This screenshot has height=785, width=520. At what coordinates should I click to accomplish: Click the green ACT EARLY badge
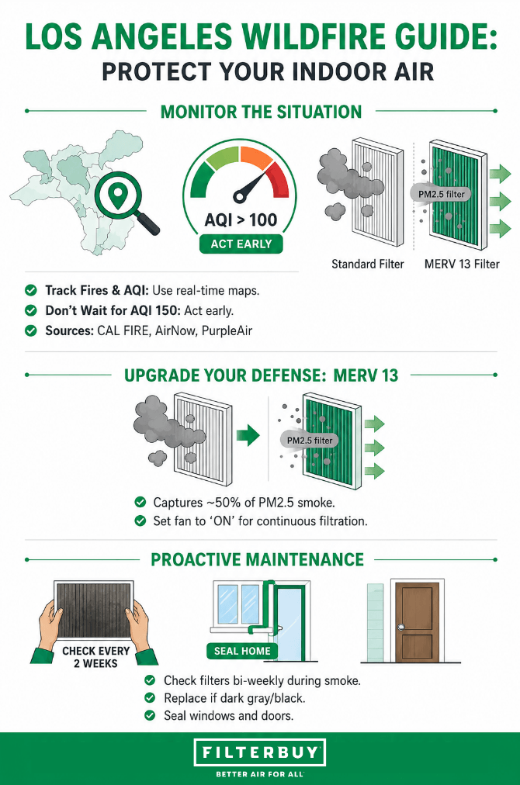coord(241,244)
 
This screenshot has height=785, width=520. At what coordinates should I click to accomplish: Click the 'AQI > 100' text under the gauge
coord(241,220)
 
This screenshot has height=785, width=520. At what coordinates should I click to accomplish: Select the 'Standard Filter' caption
coord(368,264)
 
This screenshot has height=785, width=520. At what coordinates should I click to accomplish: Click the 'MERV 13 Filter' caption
coord(462,264)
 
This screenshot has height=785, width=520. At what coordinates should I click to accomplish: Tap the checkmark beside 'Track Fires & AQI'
coord(31,290)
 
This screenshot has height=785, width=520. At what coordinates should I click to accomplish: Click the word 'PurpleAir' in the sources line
coord(227,331)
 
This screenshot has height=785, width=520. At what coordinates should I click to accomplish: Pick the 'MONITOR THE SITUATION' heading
coord(261,112)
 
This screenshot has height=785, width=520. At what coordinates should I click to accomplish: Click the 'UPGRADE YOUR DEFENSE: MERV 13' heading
coord(261,375)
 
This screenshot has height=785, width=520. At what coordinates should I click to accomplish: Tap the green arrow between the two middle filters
coord(248,435)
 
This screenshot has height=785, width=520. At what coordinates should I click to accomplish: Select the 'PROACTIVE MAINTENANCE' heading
coord(258,560)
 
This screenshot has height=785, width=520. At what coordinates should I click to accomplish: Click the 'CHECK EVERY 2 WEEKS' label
coord(95,657)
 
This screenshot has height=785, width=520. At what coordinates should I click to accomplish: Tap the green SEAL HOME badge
coord(242,651)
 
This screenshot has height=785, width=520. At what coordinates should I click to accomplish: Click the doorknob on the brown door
coord(400,627)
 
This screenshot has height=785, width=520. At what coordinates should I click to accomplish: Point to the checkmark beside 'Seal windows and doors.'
coord(150,715)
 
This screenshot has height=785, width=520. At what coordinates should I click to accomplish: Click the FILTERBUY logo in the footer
coord(260,752)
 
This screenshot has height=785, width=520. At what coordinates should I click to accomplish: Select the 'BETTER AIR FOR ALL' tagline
coord(260,774)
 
